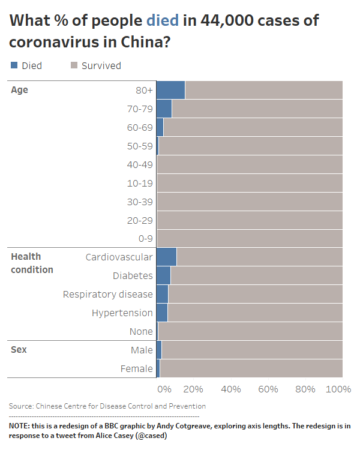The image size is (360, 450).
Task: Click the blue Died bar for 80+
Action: tap(170, 90)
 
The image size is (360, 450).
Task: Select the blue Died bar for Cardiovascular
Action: tap(166, 257)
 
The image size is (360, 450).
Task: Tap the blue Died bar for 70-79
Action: tap(164, 109)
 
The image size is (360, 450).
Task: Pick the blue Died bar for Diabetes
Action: tap(163, 276)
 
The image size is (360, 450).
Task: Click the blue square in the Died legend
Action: tap(14, 65)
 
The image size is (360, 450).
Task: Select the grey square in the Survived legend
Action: tap(74, 65)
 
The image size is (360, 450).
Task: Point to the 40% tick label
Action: tap(231, 389)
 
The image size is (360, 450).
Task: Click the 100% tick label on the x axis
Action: tap(338, 389)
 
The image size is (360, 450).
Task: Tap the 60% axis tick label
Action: tap(268, 389)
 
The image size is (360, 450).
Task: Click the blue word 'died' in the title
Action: tap(162, 21)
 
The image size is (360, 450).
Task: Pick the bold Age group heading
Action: tap(20, 90)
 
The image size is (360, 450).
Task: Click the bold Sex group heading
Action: tap(19, 350)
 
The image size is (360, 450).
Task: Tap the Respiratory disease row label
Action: tap(108, 294)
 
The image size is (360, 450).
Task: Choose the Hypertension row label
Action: tap(122, 313)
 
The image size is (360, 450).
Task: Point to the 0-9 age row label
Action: tap(145, 238)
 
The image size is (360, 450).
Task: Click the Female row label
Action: tap(137, 368)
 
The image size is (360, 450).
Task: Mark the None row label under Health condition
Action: tap(141, 331)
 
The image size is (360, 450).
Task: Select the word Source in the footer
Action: tap(21, 406)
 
